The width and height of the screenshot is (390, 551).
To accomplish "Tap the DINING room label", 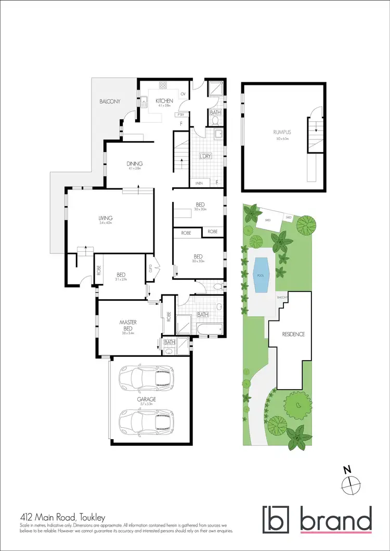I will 134,164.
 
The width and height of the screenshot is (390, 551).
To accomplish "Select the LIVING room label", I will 106,219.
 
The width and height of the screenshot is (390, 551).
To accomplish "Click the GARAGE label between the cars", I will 146,400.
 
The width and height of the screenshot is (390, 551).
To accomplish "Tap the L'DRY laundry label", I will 205,156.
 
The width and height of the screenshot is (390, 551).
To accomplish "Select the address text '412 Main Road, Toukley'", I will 63,518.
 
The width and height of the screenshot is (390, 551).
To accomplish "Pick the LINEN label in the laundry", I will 199,183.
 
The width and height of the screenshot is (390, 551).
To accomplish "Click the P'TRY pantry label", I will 181,114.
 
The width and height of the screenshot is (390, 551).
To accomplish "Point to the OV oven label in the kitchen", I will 183,94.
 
